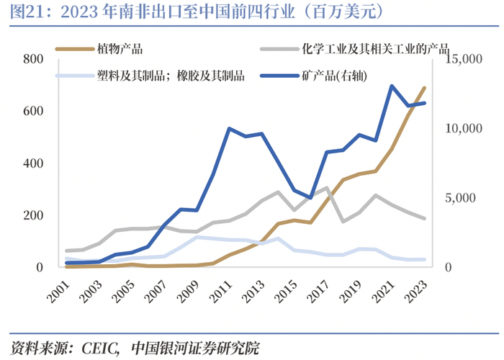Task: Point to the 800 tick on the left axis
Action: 33,59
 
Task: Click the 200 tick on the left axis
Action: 33,215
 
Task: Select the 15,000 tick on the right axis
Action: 464,59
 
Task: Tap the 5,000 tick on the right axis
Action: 460,198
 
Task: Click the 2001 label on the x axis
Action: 59,292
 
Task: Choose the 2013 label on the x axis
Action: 254,292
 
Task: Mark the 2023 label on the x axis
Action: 416,292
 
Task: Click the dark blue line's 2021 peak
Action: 392,86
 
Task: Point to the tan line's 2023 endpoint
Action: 424,88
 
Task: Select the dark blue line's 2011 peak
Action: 229,129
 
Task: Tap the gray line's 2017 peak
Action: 327,187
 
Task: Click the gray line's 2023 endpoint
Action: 424,219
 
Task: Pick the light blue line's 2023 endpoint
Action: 424,259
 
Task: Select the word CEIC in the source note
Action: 99,348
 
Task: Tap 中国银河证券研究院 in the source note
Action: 195,348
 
